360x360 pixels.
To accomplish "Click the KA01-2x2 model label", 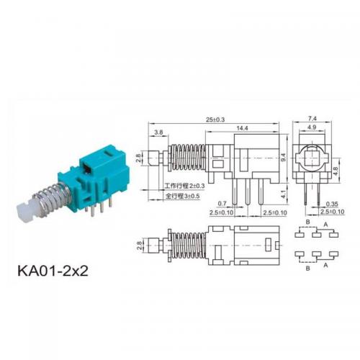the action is point(53,271).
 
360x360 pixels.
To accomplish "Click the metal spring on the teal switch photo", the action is point(53,197).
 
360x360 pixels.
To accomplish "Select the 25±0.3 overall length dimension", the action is point(215,120).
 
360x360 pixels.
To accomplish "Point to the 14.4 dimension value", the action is point(242,128).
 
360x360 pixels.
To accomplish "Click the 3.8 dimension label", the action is point(158,132).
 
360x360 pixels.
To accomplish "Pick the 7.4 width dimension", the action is point(312,118).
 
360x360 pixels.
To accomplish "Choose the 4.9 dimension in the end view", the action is point(312,127).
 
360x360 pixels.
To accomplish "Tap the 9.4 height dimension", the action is point(284,157).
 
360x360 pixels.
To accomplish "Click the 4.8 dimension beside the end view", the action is point(336,171).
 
